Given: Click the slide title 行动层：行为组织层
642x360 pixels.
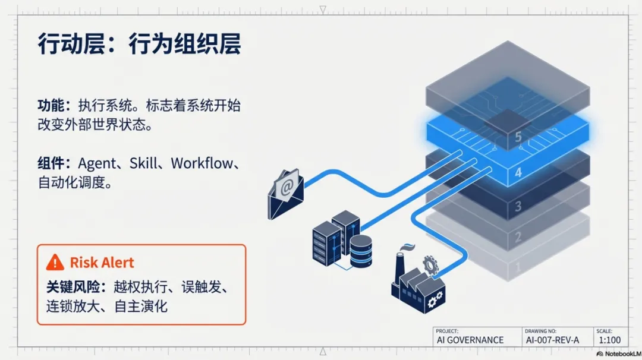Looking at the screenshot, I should tap(139, 45).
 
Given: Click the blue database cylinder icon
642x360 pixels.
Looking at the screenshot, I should tap(361, 251).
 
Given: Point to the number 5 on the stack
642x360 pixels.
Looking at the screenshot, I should tap(518, 137).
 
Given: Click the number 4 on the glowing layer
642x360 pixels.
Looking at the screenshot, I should tap(518, 173).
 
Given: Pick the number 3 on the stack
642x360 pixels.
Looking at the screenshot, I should tap(518, 206).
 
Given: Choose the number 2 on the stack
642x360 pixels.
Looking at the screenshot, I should tap(518, 238).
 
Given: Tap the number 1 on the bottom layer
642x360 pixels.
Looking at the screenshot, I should tap(518, 267).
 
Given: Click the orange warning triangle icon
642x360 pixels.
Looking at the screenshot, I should tap(55, 262).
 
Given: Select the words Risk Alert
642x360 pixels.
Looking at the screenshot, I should tap(102, 263).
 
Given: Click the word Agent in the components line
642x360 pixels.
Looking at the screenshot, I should tap(97, 164).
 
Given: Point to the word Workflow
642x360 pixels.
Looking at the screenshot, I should tap(202, 164).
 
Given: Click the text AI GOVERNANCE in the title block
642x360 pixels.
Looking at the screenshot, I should tap(470, 340).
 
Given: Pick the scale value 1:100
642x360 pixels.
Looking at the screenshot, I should tap(609, 340).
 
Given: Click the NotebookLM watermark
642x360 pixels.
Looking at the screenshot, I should tap(618, 353).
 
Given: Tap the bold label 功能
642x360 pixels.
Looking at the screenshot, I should tap(51, 106).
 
